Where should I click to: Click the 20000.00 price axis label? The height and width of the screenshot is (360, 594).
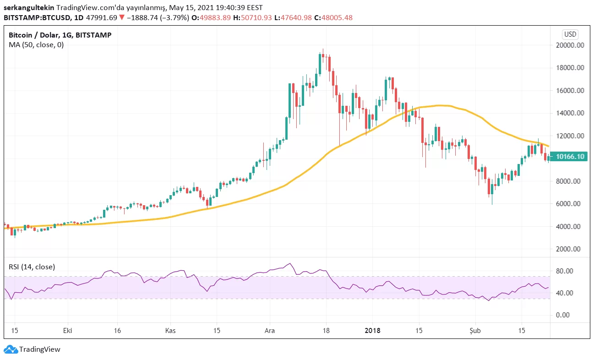[x=570, y=45]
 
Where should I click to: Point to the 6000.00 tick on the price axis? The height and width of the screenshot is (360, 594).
[x=570, y=204]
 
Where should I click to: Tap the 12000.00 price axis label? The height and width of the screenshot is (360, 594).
[x=570, y=136]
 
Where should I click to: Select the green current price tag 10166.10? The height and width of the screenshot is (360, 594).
[x=570, y=157]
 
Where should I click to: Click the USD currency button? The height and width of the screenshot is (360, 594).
[x=570, y=34]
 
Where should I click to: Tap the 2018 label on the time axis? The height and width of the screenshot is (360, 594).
[x=372, y=330]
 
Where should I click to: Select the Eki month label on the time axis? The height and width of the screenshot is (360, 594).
[x=68, y=330]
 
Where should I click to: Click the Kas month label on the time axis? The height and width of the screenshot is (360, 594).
[x=170, y=330]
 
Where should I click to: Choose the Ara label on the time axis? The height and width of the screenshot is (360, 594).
[x=270, y=330]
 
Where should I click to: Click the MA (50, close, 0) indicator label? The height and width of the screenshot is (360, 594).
[x=36, y=45]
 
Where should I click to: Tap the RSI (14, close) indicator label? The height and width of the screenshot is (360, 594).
[x=32, y=267]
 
